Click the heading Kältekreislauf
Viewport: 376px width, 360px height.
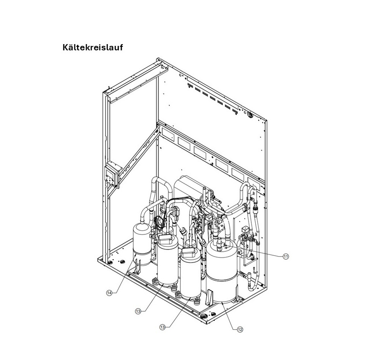[93, 47]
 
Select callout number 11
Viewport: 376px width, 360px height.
[286, 256]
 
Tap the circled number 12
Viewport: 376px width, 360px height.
[240, 330]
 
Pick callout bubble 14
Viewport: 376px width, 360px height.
[109, 293]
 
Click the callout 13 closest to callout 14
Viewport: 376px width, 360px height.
[138, 311]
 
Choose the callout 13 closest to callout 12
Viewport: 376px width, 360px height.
[163, 327]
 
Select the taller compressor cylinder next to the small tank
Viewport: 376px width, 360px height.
[168, 262]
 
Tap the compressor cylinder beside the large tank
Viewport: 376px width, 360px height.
[191, 274]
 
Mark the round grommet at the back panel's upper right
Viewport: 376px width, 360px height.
[250, 115]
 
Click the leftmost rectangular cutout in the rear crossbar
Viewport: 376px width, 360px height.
[168, 134]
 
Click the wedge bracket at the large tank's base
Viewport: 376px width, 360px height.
[210, 298]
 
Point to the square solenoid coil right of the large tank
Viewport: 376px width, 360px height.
[246, 229]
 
